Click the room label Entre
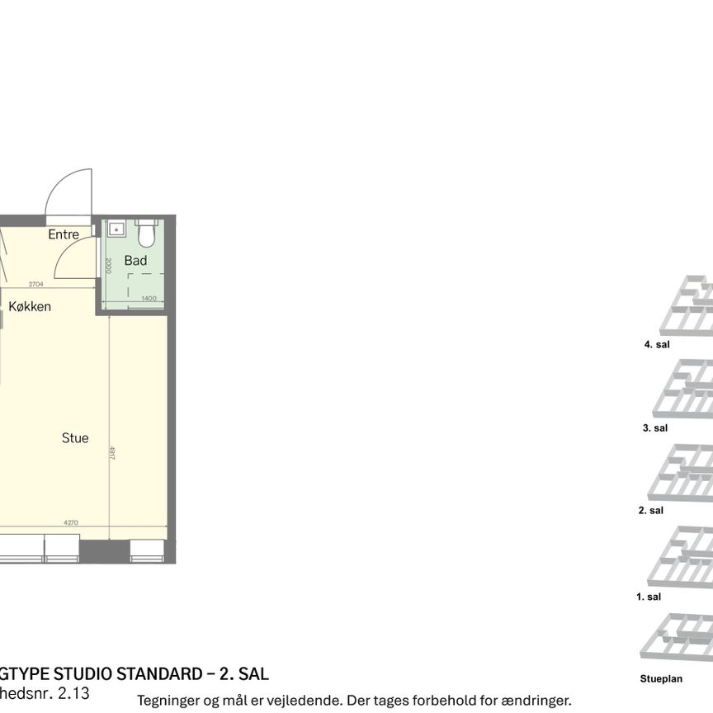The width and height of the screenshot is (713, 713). [x=64, y=234]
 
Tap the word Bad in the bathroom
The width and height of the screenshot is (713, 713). [x=135, y=261]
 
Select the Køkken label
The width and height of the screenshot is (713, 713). [x=31, y=306]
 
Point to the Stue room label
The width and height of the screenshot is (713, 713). [x=75, y=438]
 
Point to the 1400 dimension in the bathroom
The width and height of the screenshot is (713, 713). [x=149, y=299]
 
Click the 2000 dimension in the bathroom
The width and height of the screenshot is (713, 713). [x=108, y=265]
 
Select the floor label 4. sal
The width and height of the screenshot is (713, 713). [x=657, y=344]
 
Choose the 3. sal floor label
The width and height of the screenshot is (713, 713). [x=655, y=427]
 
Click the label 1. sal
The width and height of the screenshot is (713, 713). [x=649, y=596]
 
